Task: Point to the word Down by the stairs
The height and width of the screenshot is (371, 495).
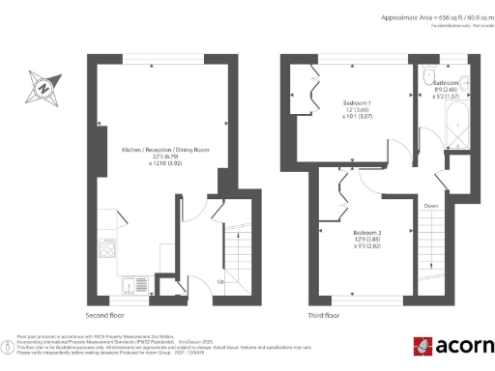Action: [x=430, y=205]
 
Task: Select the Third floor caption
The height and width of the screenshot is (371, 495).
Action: [x=322, y=315]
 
